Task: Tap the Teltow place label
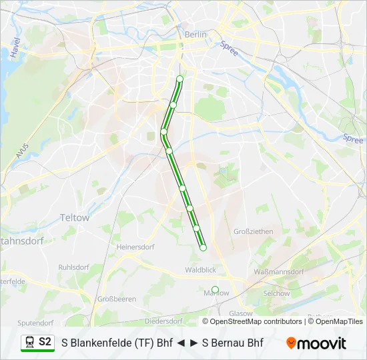(x=74, y=217)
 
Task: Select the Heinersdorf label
(x=135, y=247)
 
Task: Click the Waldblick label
(x=200, y=270)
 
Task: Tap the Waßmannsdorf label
(x=279, y=272)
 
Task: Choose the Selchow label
(x=276, y=293)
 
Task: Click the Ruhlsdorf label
(x=73, y=267)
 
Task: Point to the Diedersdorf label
(x=163, y=321)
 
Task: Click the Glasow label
(x=241, y=313)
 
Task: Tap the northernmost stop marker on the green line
(x=179, y=79)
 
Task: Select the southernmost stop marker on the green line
(x=203, y=248)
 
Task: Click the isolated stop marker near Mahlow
(x=215, y=289)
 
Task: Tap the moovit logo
(x=316, y=343)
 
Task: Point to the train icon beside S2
(x=29, y=342)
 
